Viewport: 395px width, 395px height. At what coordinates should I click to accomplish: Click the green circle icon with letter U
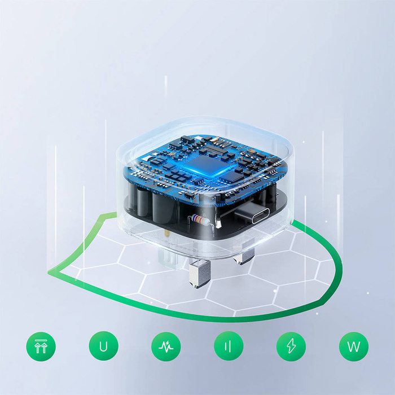coord(103,346)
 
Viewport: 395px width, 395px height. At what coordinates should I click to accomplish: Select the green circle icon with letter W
coord(354,346)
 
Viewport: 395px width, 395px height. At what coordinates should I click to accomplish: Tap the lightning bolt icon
coord(291,346)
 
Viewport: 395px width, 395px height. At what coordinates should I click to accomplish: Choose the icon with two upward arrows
coord(41,346)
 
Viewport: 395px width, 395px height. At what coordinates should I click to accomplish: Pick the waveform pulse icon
coord(166,346)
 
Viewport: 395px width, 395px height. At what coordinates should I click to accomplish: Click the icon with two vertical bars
coord(229,346)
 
